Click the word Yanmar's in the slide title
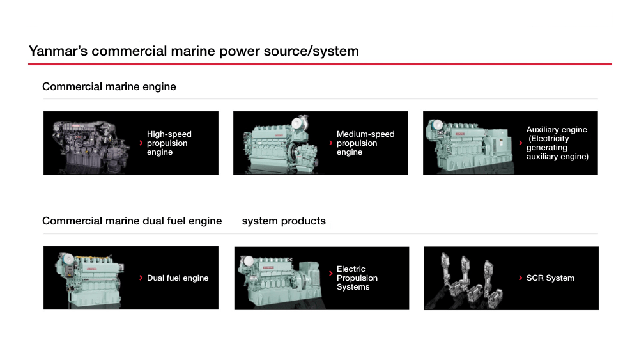point(58,51)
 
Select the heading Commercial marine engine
point(109,86)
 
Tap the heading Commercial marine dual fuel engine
point(132,221)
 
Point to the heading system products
point(284,221)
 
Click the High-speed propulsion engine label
point(169,143)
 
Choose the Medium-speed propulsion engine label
point(366,143)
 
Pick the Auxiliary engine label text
point(557,143)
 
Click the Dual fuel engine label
point(178,278)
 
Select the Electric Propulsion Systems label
point(357,278)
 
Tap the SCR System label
point(550,278)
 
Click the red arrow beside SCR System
point(521,278)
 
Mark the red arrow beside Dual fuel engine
point(141,278)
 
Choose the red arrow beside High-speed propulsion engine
point(141,143)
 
